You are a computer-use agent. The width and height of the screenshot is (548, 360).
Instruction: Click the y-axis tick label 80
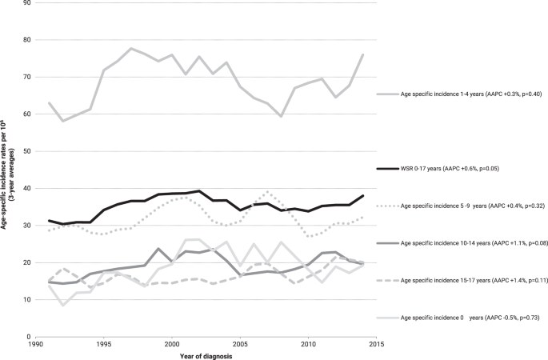26,40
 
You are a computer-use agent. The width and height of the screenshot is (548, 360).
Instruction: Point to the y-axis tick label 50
26,151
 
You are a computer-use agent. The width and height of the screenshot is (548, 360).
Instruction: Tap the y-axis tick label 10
26,300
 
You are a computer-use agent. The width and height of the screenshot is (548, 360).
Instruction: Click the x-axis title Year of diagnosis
206,355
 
